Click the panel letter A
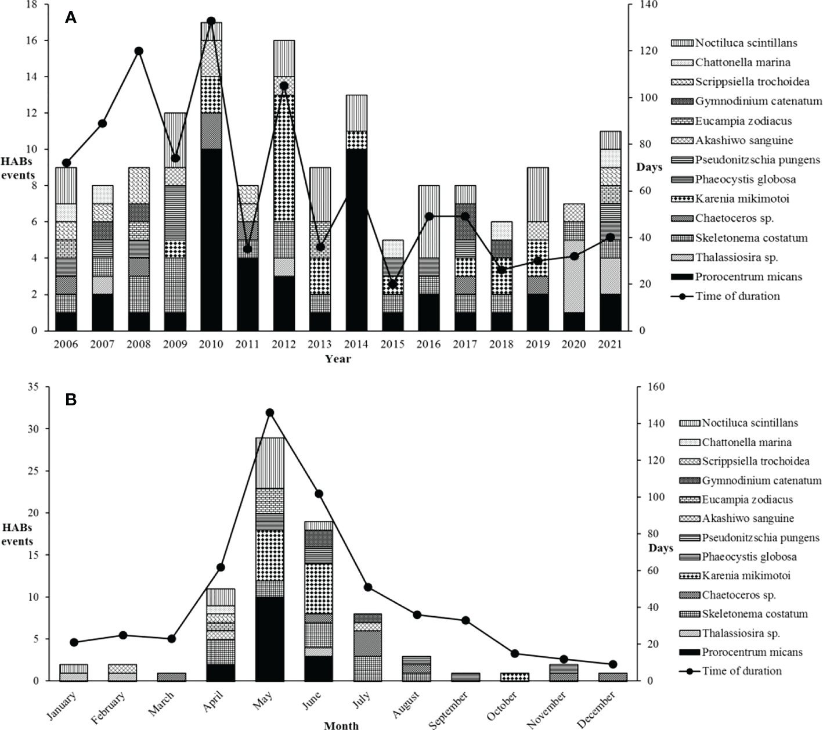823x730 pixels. coord(71,18)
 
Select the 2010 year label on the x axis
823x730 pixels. coord(211,344)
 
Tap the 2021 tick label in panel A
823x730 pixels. coord(610,344)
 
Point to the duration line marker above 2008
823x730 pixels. coord(139,51)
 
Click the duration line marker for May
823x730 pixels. coord(269,413)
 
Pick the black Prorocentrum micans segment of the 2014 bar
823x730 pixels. coord(356,239)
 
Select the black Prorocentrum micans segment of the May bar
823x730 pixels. coord(269,639)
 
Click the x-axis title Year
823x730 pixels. coord(338,359)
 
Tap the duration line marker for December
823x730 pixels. coord(612,664)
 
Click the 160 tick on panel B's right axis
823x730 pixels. coord(646,387)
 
